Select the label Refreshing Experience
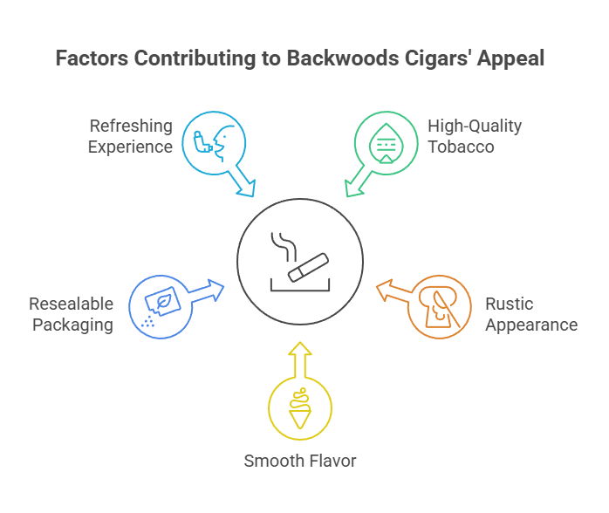(x=131, y=136)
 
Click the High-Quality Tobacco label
(x=475, y=136)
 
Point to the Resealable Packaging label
(x=72, y=314)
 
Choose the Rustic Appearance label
(x=530, y=314)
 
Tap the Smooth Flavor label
(x=300, y=461)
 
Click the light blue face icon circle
(x=212, y=142)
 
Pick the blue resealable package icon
(x=158, y=305)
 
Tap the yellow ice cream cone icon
(x=299, y=407)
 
